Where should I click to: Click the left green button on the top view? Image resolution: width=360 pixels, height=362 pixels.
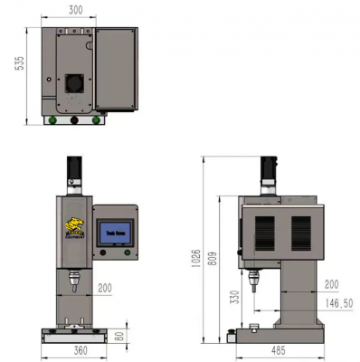(x=53, y=119)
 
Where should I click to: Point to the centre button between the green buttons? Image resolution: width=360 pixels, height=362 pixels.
(x=75, y=119)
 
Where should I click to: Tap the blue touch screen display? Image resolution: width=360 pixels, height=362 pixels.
(x=116, y=233)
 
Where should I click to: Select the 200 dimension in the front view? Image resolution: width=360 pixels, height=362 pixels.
(x=104, y=288)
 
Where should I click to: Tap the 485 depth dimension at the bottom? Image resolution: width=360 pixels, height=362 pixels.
(x=280, y=349)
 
